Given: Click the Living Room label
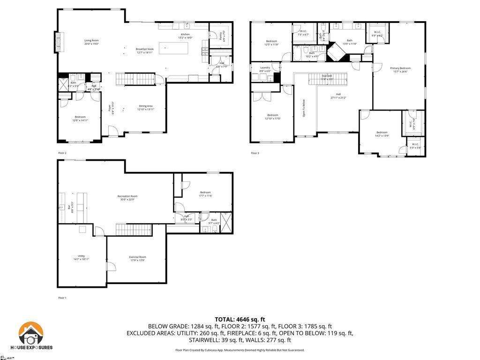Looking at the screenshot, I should click(x=91, y=42).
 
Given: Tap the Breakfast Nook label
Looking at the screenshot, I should click(x=145, y=51).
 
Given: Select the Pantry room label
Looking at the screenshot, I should click(x=221, y=35).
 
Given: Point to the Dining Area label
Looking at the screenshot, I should click(x=145, y=107).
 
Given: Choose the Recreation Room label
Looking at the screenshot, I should click(x=127, y=197).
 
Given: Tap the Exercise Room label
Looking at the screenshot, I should click(x=138, y=258).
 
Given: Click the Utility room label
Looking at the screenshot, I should click(x=81, y=257).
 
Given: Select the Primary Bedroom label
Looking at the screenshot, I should click(x=400, y=70).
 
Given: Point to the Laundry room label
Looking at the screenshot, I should click(x=265, y=69).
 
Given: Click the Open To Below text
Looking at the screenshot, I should click(x=304, y=108).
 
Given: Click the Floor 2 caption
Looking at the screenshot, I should click(x=62, y=153).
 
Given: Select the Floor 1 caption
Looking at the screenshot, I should click(x=62, y=298).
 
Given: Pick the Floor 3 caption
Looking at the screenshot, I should click(x=255, y=153).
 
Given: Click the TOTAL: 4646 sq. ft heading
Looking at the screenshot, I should click(x=240, y=319).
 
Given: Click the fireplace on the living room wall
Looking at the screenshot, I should click(x=58, y=43).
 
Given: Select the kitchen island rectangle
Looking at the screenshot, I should click(x=173, y=48).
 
